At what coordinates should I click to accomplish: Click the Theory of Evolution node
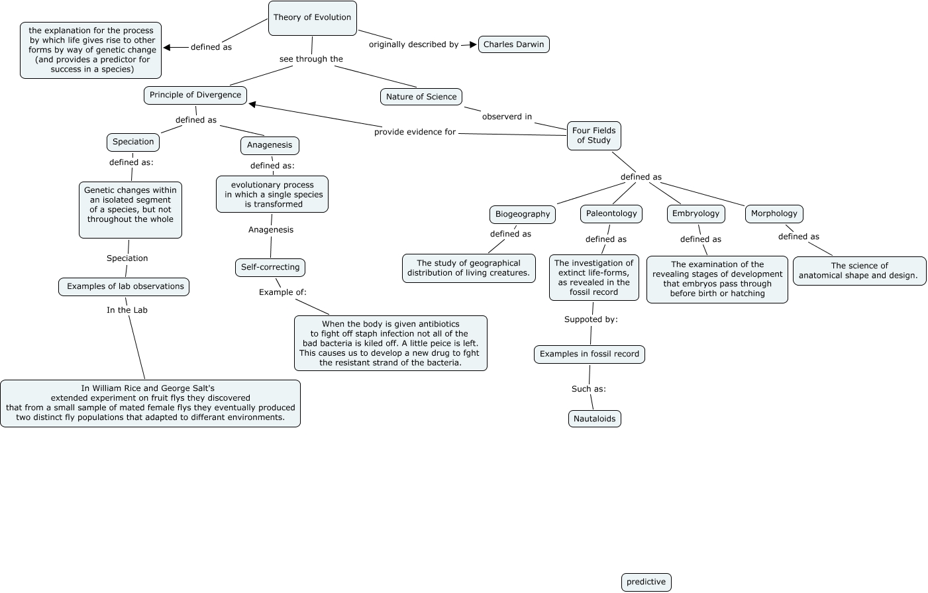[312, 18]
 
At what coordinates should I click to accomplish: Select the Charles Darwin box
[513, 44]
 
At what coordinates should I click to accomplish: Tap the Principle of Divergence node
[195, 95]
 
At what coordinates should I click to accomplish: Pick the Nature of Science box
[421, 97]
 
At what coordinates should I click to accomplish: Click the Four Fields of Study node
[593, 135]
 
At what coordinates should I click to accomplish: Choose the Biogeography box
[523, 214]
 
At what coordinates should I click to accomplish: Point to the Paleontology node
[611, 213]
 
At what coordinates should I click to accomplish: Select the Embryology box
[696, 213]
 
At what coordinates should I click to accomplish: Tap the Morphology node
[774, 213]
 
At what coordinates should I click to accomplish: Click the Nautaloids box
[594, 419]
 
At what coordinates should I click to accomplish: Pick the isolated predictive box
[646, 582]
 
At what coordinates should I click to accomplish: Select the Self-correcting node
[270, 267]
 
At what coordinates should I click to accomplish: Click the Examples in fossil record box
[589, 354]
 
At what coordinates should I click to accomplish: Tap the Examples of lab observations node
[124, 286]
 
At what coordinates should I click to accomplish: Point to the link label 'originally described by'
[413, 44]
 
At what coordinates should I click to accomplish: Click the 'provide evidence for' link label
[415, 132]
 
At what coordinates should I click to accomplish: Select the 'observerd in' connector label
[507, 117]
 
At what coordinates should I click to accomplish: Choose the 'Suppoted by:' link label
[591, 319]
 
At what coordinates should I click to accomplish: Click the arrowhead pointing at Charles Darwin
[472, 44]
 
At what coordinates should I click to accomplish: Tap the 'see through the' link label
[311, 59]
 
